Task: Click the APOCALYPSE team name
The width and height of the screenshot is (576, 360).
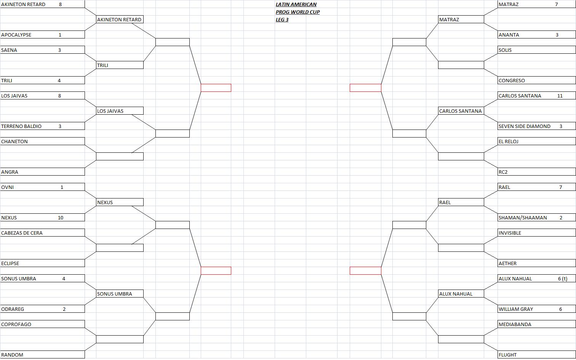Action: click(16, 35)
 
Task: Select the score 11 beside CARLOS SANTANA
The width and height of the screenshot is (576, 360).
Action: click(560, 96)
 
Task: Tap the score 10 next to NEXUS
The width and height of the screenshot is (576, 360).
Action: click(61, 218)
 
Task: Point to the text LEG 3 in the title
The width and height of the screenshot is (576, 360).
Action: click(282, 20)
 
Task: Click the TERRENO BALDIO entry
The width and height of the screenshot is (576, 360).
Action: click(21, 126)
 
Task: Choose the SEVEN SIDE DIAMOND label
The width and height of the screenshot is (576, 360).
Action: click(524, 126)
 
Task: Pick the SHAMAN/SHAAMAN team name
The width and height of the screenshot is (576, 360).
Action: click(523, 218)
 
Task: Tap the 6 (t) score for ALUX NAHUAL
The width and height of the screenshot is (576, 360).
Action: click(563, 279)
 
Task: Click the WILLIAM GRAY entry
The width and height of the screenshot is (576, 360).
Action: click(516, 309)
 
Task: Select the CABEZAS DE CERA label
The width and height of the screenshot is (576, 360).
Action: click(22, 233)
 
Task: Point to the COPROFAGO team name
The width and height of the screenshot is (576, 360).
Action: click(16, 325)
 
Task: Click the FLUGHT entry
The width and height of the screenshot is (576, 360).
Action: click(507, 355)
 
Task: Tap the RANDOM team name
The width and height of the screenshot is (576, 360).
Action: click(12, 355)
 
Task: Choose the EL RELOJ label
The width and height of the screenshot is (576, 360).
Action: click(508, 142)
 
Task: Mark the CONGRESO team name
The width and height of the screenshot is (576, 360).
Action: click(512, 81)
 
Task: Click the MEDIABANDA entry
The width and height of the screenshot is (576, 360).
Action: click(515, 325)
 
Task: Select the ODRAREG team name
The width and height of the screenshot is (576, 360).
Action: click(13, 309)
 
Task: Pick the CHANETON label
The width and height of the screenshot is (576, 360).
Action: click(14, 142)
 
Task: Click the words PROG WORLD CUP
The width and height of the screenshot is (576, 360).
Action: click(298, 12)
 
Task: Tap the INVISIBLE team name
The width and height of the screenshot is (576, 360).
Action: click(510, 233)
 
